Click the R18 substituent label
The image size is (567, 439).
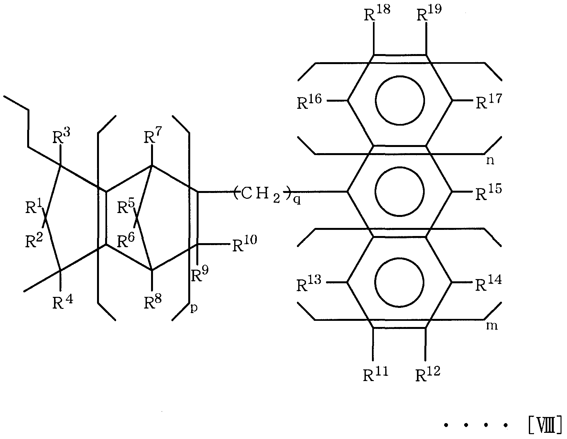click(x=377, y=13)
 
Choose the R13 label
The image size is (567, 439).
click(x=310, y=283)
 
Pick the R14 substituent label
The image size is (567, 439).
click(x=488, y=283)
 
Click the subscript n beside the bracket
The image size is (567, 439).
click(x=491, y=161)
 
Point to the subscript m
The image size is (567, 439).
click(x=492, y=326)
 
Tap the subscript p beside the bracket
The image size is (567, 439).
click(x=194, y=308)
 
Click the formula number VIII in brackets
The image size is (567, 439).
click(x=545, y=426)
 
